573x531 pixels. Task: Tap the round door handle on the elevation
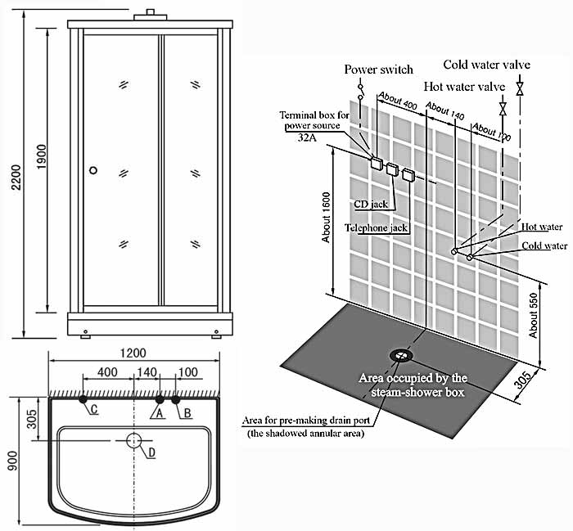(93, 170)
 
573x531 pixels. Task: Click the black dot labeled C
(83, 399)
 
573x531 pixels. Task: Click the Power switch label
(378, 70)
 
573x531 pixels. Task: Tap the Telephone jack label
(376, 227)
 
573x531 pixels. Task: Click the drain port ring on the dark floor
(401, 355)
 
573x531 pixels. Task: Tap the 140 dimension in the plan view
(147, 372)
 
